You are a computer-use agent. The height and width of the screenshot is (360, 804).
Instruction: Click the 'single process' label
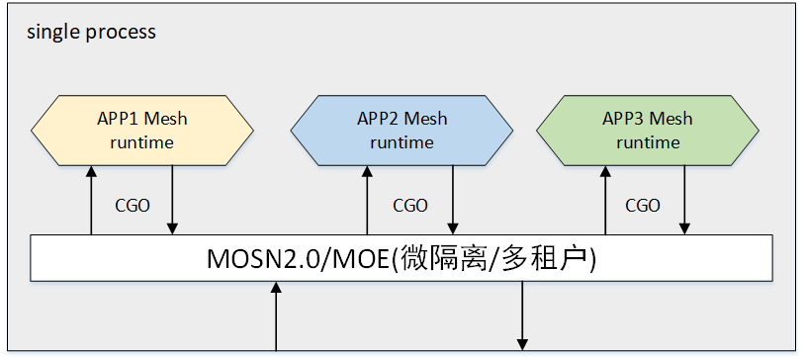pos(91,33)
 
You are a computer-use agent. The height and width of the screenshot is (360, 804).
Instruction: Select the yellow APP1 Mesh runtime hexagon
pos(142,131)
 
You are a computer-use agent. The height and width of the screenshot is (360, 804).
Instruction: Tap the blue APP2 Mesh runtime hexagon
pos(402,131)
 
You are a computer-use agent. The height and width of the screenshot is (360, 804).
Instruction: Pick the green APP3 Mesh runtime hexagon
pos(648,131)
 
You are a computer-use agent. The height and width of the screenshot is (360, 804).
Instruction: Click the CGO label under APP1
pos(133,206)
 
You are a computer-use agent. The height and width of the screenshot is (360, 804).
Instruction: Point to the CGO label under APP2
pos(410,206)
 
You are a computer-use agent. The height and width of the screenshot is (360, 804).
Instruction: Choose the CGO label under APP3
pos(643,206)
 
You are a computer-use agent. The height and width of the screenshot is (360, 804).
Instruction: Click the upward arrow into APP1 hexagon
pos(91,201)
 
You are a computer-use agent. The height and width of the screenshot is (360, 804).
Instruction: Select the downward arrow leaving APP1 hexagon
pos(172,201)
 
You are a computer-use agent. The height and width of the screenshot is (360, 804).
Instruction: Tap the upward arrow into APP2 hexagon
pos(367,201)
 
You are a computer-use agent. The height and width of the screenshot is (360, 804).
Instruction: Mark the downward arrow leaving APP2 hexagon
pos(453,201)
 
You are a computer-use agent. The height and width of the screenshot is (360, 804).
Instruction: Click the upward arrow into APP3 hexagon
pos(605,201)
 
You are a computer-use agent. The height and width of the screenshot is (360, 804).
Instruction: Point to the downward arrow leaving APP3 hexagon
pos(684,201)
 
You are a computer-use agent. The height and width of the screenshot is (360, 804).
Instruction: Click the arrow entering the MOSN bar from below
pos(276,316)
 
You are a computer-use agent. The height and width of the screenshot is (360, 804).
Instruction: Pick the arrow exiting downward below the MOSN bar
pos(522,315)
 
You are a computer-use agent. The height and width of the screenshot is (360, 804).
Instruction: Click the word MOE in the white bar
pos(362,259)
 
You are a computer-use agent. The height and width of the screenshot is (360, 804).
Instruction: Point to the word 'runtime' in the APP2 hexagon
pos(402,142)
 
